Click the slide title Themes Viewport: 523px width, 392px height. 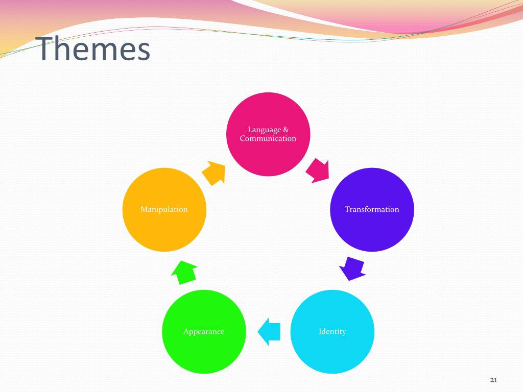[95, 50]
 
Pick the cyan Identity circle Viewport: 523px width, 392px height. [332, 352]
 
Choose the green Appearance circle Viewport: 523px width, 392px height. [204, 352]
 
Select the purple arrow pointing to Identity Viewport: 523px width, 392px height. [352, 268]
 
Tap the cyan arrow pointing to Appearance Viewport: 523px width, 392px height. [269, 331]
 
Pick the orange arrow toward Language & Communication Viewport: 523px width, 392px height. [213, 173]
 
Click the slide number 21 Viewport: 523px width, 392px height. [493, 379]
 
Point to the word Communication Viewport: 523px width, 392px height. [268, 139]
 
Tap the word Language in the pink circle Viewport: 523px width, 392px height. [261, 130]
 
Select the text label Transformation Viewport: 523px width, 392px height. [372, 209]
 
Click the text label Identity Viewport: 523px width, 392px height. [332, 332]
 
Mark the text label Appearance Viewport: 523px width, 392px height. [204, 332]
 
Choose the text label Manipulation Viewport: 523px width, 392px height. [164, 209]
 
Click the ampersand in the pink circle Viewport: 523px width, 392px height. [285, 130]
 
